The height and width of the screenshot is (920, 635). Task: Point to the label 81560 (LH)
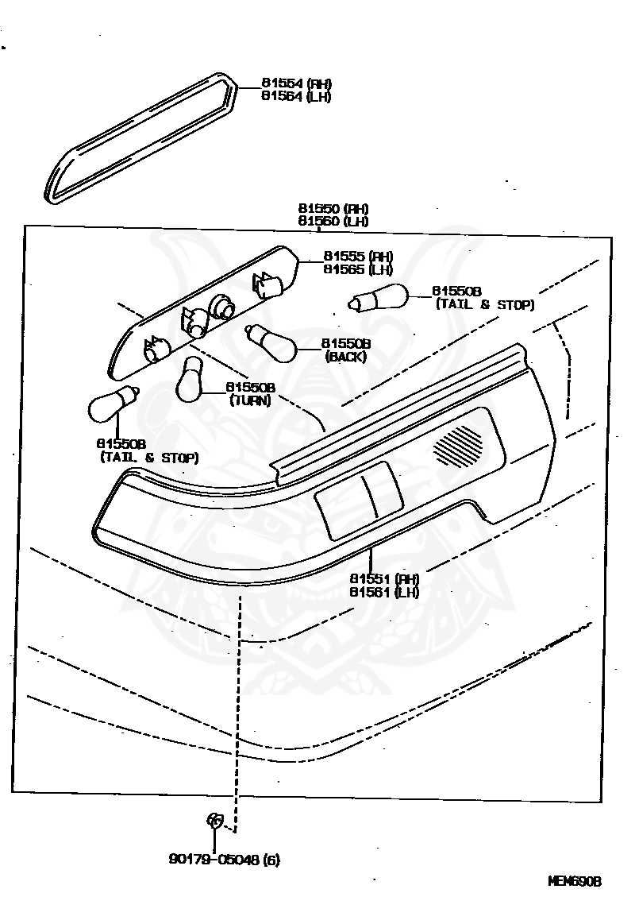coord(333,222)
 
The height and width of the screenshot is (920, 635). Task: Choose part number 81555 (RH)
coord(358,257)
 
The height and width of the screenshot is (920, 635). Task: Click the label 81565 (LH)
coord(358,269)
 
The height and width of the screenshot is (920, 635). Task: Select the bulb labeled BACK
coord(271,343)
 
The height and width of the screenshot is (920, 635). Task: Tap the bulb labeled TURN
coord(191,380)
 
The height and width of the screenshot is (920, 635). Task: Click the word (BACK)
coord(345,357)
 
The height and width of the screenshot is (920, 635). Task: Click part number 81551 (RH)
coord(383,578)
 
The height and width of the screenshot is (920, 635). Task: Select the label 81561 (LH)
coord(383,592)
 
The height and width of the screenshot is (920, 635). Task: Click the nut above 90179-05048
coord(215,819)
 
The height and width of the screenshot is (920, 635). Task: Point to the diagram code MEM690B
coord(575,882)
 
